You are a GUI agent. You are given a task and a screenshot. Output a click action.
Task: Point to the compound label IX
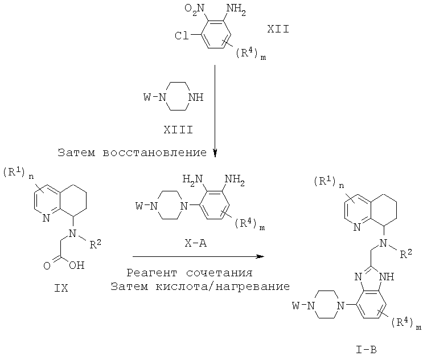(x=60, y=288)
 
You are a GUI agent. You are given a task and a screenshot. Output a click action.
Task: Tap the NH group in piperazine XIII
(x=195, y=97)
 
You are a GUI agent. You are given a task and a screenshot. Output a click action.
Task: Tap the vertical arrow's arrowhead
(x=215, y=152)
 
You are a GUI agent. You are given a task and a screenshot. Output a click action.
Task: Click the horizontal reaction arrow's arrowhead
(x=260, y=256)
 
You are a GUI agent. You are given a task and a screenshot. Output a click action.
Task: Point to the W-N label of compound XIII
(x=155, y=97)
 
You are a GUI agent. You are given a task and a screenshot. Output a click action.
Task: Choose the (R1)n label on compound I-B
(x=328, y=182)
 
